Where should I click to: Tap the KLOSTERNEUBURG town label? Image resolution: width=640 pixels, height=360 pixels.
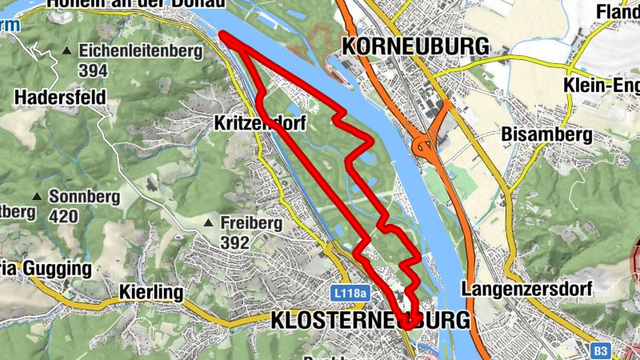tap(370, 320)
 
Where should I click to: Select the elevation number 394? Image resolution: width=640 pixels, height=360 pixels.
tap(94, 70)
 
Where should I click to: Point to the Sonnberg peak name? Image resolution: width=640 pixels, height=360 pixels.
tap(84, 196)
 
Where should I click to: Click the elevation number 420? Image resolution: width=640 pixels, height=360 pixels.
tap(64, 215)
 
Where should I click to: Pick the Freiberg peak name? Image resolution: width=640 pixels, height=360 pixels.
tap(251, 223)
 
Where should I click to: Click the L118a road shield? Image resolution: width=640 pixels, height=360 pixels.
tap(350, 294)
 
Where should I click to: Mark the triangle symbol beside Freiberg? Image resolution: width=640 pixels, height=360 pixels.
tap(209, 223)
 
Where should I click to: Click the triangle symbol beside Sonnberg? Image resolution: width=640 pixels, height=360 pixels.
tap(36, 197)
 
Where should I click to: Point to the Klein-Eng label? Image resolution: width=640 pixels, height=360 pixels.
tap(600, 86)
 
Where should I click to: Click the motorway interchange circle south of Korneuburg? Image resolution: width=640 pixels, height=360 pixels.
tap(421, 146)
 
